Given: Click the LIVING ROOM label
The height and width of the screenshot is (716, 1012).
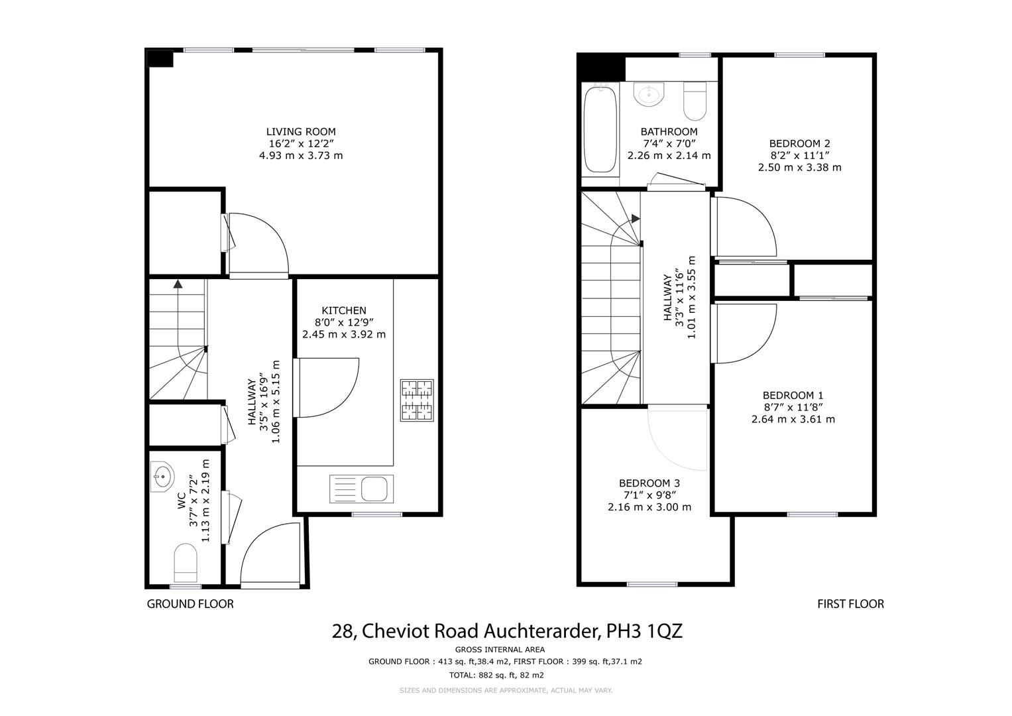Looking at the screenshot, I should pos(301,132).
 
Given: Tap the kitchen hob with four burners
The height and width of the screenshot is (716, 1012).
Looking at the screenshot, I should pos(416,400).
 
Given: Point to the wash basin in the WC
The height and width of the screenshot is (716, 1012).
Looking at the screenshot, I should pos(161,477).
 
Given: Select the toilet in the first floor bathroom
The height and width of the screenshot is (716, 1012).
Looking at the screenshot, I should pos(695,99).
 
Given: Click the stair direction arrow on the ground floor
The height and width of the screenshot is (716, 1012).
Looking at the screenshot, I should pos(178,284).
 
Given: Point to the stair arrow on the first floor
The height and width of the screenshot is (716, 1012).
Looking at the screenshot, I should pos(636,218).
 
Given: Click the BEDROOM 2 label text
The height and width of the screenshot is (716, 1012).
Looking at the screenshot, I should pos(799,143).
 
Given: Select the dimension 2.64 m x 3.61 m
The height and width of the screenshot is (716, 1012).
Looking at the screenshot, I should pos(793,419).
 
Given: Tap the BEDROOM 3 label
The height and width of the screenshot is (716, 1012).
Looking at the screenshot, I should pos(649,483).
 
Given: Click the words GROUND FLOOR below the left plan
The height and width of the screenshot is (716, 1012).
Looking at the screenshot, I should pos(190,604).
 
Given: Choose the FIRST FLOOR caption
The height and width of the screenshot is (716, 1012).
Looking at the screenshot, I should pos(850,604).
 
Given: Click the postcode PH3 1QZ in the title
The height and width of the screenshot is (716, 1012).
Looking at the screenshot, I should pos(644,631).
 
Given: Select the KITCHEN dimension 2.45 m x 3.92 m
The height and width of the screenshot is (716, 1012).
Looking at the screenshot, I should pos(343,334).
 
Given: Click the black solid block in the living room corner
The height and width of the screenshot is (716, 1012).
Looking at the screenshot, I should pos(160,58).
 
